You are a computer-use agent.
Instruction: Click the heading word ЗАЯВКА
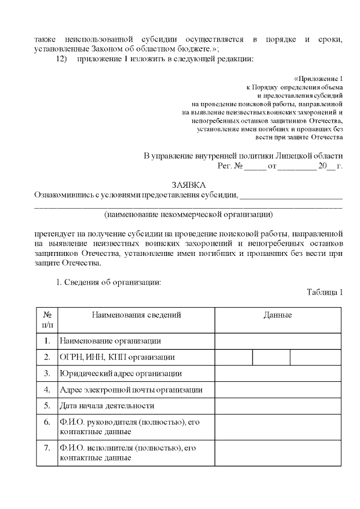tap(188, 185)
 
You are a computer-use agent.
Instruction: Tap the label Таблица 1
tap(325, 291)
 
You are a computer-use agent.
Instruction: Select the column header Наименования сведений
tap(136, 316)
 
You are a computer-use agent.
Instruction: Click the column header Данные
tap(278, 316)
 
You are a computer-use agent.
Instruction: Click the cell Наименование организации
tap(110, 341)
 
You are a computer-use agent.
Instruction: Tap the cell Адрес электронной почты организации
tap(130, 390)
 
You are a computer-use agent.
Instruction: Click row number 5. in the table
tap(47, 406)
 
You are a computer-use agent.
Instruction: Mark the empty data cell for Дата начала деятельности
tap(278, 406)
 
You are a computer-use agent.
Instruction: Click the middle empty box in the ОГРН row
tap(271, 357)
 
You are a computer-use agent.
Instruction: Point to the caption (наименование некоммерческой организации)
tap(188, 214)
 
